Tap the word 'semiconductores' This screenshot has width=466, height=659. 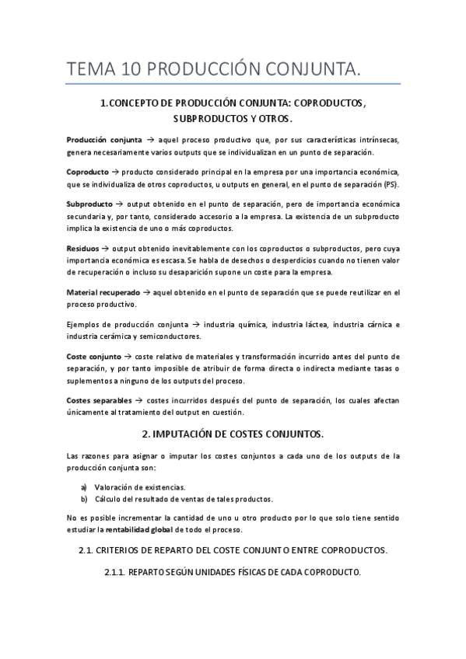[x=170, y=336]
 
